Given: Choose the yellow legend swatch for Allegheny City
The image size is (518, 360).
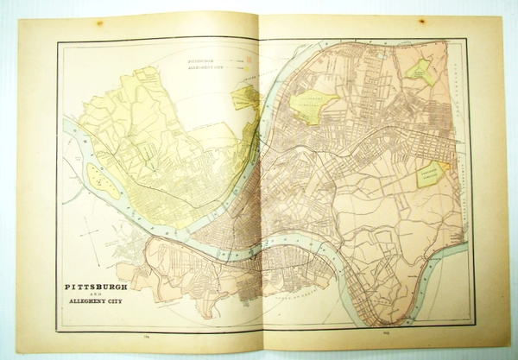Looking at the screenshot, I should coord(250,67).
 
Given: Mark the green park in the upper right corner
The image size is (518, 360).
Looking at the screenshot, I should coord(420,71).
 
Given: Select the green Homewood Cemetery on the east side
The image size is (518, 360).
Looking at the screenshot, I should coord(430,174).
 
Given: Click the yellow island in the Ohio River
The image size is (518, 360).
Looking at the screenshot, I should coord(102,180).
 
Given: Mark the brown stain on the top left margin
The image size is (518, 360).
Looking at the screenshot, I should coord(99,22).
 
